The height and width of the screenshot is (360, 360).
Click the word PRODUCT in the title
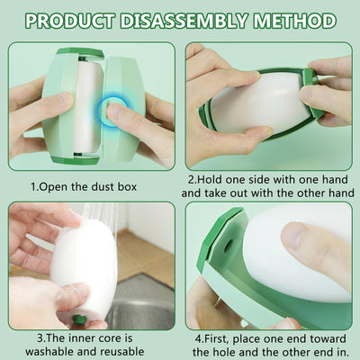pyautogui.click(x=70, y=21)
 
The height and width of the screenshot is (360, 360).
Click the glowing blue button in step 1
pyautogui.click(x=113, y=111)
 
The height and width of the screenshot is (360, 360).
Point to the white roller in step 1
pyautogui.click(x=88, y=106)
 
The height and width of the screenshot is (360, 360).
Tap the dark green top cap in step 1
pyautogui.click(x=80, y=52)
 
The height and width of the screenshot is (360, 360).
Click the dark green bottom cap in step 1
pyautogui.click(x=75, y=160)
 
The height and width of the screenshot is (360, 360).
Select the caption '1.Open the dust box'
pyautogui.click(x=84, y=187)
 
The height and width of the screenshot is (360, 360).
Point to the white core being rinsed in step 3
pyautogui.click(x=85, y=270)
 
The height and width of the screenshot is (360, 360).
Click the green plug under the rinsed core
pyautogui.click(x=79, y=320)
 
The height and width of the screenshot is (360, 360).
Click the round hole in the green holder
pyautogui.click(x=228, y=246)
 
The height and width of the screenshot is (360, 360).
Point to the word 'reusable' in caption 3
pyautogui.click(x=122, y=351)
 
